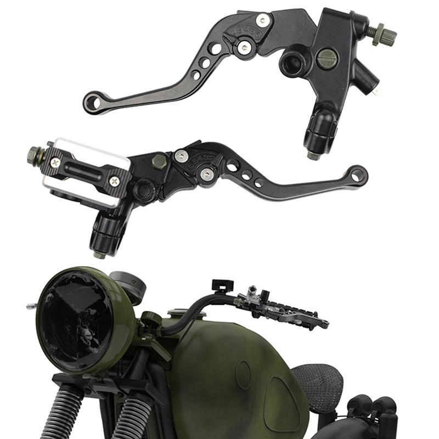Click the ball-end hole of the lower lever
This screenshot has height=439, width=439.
click(358, 175)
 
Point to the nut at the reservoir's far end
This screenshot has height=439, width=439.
click(33, 155)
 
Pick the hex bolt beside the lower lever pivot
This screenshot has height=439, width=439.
click(160, 162)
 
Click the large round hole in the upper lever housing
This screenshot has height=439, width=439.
click(291, 63)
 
